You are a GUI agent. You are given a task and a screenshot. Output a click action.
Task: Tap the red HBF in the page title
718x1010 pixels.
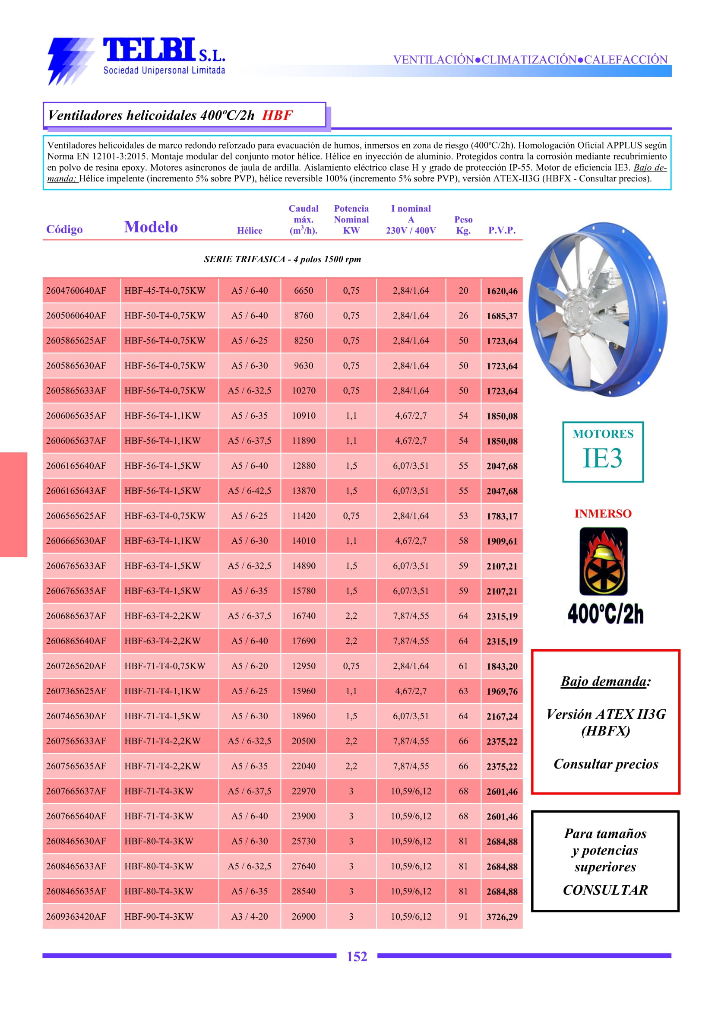[x=277, y=115]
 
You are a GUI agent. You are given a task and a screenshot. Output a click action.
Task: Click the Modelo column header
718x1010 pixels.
[x=151, y=227]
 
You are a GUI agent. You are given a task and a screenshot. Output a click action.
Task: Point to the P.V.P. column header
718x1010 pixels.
[x=501, y=230]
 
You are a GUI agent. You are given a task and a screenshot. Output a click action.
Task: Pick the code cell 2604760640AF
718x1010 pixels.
[x=76, y=291]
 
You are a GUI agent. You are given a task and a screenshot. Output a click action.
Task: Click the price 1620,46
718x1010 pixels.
[x=502, y=291]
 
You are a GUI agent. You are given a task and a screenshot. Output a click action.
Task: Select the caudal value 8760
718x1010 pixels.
[x=303, y=316]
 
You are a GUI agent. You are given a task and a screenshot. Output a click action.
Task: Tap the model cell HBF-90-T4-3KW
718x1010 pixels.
[x=159, y=916]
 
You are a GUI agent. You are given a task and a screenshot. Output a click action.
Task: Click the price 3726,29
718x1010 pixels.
[x=502, y=917]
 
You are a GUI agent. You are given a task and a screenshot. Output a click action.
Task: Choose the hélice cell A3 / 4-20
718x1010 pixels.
[x=250, y=916]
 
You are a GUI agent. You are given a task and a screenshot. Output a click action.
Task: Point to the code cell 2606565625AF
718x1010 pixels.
[x=76, y=516]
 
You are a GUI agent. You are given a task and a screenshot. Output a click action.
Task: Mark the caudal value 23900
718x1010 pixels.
[x=303, y=816]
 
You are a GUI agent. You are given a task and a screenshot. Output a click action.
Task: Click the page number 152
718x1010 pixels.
[x=357, y=956]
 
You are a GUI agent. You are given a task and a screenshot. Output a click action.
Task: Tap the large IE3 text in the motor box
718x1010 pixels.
[x=602, y=458]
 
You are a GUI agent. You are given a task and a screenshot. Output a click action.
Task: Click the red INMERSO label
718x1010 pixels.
[x=603, y=514]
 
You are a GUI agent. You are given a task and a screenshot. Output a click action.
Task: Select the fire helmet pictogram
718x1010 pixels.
[x=603, y=561]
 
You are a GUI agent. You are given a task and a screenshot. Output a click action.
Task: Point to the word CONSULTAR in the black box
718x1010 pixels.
[x=605, y=890]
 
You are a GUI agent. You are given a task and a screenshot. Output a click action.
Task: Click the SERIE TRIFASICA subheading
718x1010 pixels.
[x=282, y=259]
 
